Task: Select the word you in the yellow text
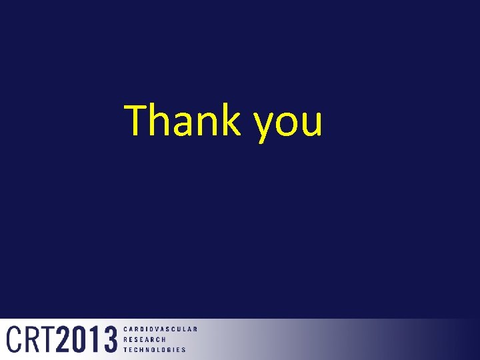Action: [x=288, y=123]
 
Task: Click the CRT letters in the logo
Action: [x=31, y=339]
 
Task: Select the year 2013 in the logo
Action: [x=87, y=339]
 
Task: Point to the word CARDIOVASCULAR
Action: [x=161, y=329]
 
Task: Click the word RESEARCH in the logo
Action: [x=145, y=339]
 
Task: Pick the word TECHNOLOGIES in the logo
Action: [x=155, y=349]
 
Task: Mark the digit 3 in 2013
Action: [x=109, y=339]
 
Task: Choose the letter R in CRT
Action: [x=31, y=339]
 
